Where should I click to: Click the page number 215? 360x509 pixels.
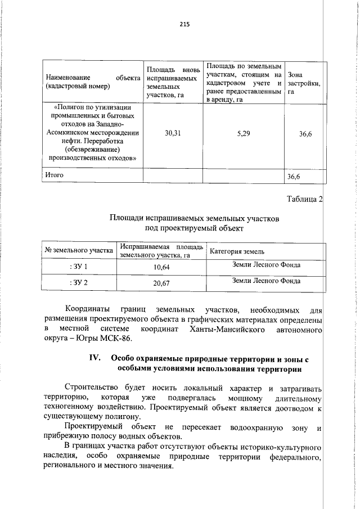coord(185,24)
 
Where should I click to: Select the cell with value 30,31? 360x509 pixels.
coord(172,133)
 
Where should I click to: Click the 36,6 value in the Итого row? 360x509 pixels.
coord(295,177)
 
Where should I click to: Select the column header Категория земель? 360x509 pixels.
coord(237,251)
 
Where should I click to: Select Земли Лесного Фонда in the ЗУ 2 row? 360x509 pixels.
coord(266,281)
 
